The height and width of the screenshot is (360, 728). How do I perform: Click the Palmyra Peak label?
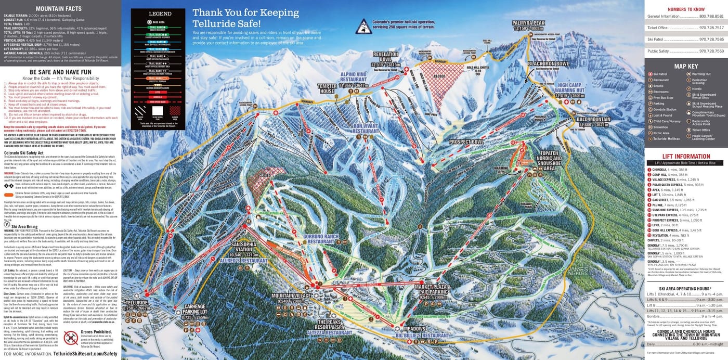point(528,23)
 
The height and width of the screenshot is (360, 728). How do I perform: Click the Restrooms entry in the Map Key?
point(660,92)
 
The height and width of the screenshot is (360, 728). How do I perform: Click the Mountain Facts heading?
point(58,9)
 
